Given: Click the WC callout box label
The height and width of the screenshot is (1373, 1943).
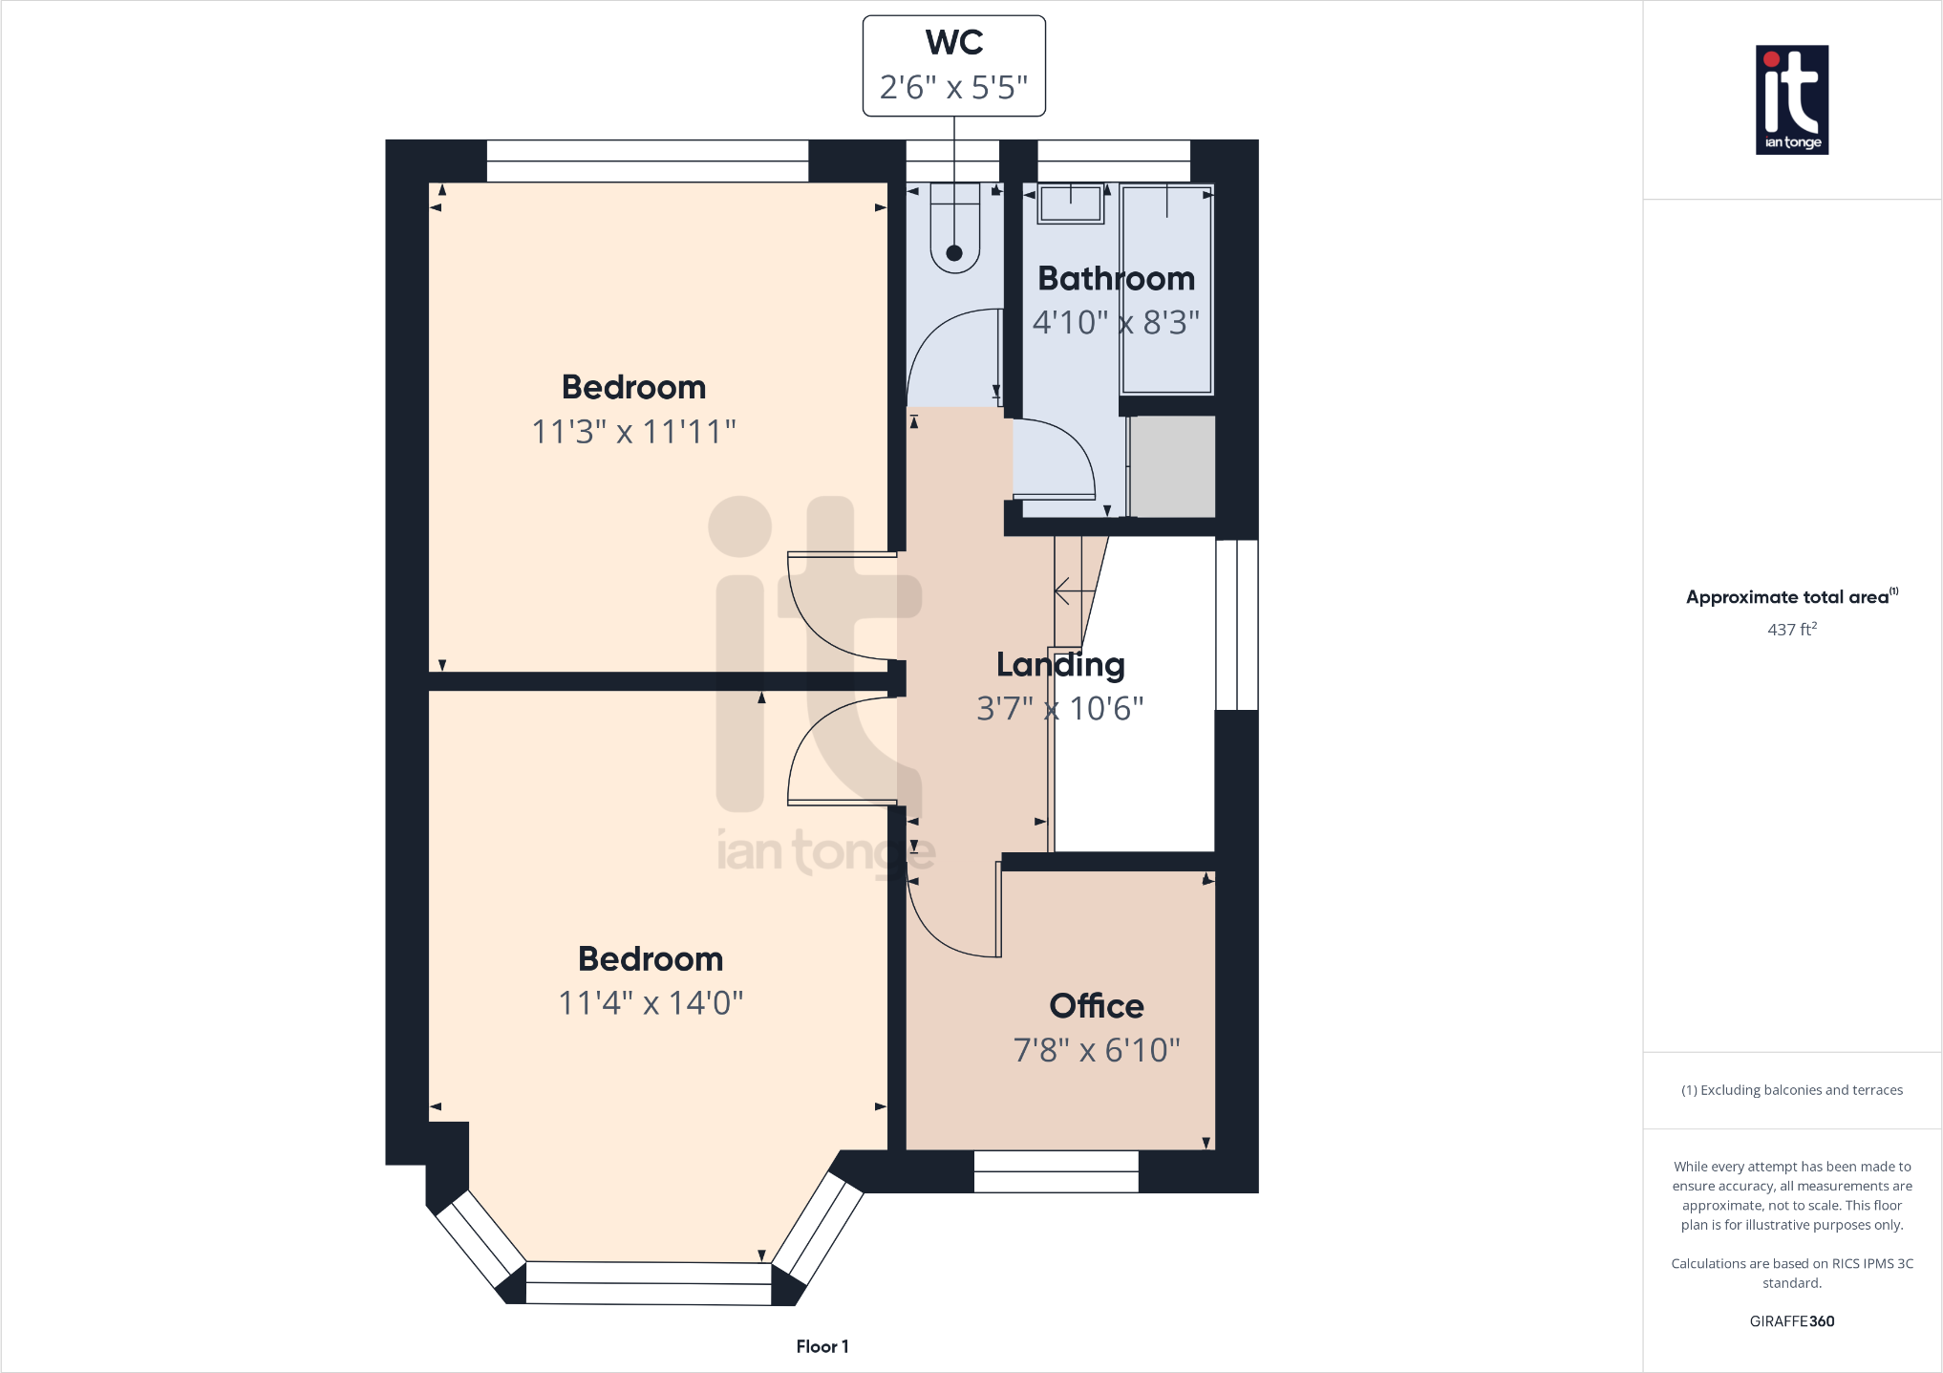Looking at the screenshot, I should point(953,44).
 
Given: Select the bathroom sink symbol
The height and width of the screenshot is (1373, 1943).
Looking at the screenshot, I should point(1071,204).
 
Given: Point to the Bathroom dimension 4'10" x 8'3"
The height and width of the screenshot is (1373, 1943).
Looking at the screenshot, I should point(1115,323).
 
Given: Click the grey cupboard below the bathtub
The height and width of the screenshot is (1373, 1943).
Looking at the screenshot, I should point(1172,466).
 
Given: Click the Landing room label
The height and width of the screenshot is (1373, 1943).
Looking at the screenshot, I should point(1059,664).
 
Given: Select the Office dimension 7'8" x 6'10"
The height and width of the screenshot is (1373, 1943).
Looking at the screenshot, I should point(1096,1050).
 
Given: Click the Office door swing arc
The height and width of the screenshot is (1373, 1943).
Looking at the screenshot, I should point(931,932).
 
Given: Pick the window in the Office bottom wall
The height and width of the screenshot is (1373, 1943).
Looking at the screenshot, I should point(1056,1171).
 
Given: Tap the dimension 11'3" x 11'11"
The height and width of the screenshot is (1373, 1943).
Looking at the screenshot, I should point(633,432).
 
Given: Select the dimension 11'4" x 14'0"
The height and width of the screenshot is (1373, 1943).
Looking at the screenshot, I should point(650,1003).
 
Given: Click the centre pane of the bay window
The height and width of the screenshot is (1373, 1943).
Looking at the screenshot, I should point(648,1283).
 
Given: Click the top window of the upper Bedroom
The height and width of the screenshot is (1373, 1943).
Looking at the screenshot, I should point(647,161).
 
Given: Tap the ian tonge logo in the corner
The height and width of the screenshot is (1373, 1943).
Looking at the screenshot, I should point(1791,100).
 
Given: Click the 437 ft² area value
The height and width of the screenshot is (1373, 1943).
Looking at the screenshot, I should point(1791,630).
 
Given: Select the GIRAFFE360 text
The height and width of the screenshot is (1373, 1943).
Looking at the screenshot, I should point(1791,1321).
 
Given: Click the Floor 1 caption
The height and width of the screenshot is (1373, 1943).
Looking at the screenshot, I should point(822,1346).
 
